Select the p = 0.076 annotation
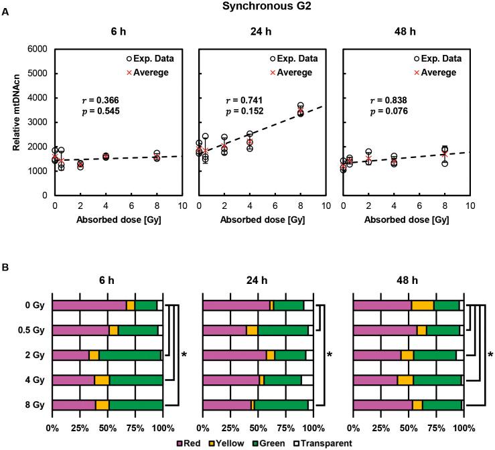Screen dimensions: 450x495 [388, 111]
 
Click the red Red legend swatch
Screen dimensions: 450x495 [180, 443]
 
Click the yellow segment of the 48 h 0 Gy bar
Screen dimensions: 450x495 [422, 305]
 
